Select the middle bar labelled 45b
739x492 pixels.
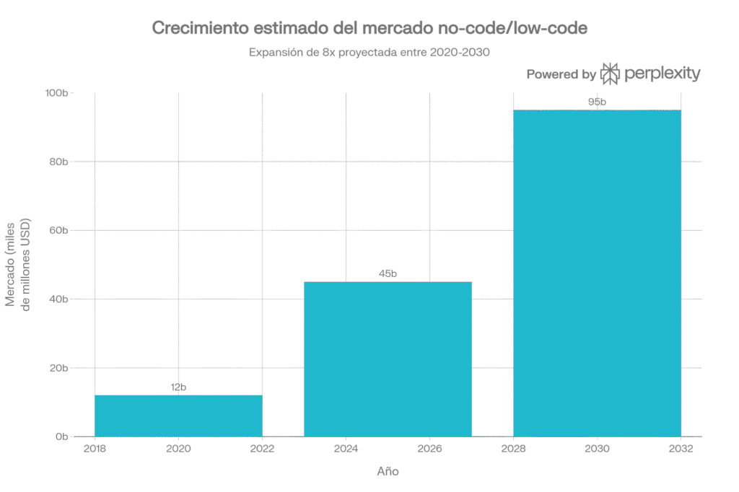tap(388, 359)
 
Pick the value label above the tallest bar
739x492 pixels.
tap(597, 102)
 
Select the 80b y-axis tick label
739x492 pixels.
tap(59, 162)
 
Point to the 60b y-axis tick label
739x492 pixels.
tap(59, 231)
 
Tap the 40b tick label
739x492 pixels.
tap(59, 299)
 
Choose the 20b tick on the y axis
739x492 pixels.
tap(59, 368)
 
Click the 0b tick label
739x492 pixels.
tap(62, 436)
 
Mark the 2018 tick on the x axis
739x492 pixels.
tap(95, 449)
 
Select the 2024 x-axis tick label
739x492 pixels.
tap(346, 449)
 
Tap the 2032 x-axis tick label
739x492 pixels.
tap(681, 449)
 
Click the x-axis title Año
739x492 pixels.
tap(388, 472)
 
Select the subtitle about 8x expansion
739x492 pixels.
tap(369, 53)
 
